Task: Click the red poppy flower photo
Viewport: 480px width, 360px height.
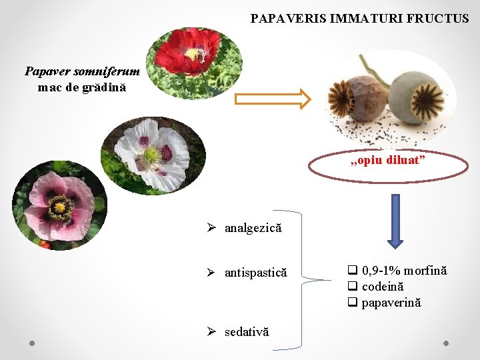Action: tap(194, 63)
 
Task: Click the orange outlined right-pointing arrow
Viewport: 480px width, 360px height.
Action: tap(273, 99)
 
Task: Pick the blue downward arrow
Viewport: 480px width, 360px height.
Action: tap(395, 220)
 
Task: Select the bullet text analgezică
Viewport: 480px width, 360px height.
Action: tap(253, 229)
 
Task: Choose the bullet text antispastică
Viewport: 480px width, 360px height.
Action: tap(255, 273)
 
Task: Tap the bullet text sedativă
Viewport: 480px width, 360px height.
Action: tap(247, 331)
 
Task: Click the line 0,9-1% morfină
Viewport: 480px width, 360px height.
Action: tap(404, 270)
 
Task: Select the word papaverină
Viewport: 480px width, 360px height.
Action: tap(391, 303)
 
